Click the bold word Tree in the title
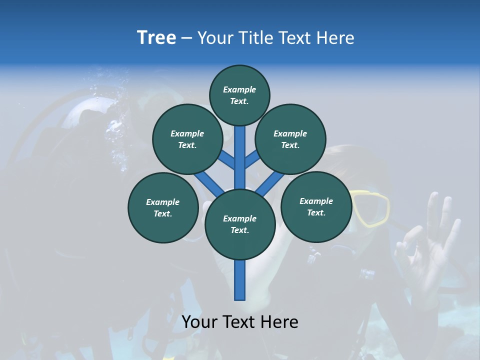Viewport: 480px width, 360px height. pos(156,38)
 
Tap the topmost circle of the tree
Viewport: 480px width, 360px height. pos(239,95)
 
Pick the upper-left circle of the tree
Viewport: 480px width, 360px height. pos(187,139)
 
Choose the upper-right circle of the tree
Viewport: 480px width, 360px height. pos(290,139)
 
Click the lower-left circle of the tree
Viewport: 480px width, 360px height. pos(163,207)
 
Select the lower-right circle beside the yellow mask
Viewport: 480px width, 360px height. pos(316,206)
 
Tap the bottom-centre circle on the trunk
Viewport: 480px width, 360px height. pos(240,224)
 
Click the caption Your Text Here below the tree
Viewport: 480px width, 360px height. pos(240,322)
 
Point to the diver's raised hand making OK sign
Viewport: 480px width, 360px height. pos(430,240)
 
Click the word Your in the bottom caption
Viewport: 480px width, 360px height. pos(200,322)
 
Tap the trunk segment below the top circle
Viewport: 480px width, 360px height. pos(240,150)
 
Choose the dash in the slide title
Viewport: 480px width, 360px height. pos(186,38)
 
